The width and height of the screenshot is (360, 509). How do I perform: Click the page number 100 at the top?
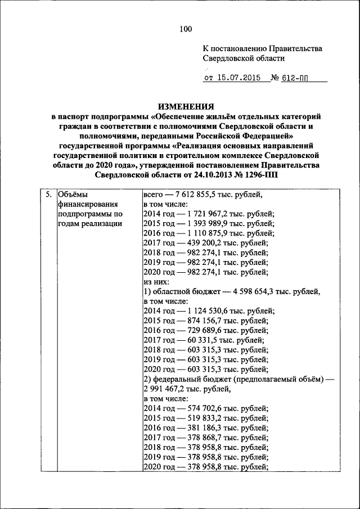[x=186, y=29]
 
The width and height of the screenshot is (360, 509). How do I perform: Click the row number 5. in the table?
[x=49, y=195]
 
